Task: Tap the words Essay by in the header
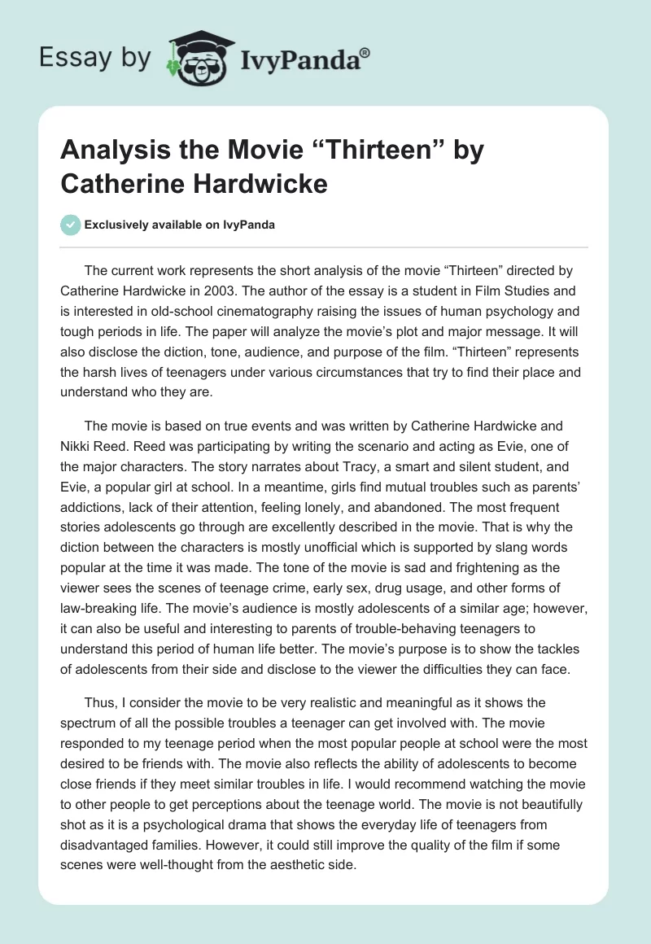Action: pos(94,58)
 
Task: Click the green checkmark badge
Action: pos(71,225)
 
